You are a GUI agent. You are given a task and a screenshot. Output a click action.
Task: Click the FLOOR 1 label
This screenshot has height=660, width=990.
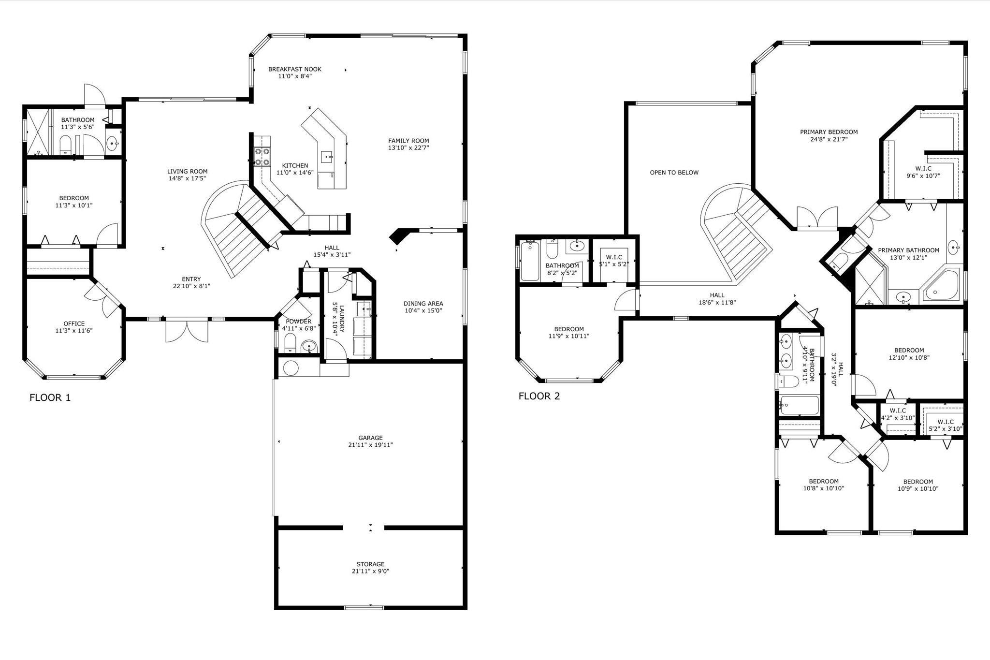point(50,397)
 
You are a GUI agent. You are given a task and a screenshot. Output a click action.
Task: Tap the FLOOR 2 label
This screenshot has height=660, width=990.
point(539,396)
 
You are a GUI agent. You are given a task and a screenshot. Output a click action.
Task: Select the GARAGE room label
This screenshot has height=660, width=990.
point(370,438)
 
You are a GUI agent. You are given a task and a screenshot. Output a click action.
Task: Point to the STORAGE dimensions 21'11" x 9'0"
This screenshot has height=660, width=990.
point(370,571)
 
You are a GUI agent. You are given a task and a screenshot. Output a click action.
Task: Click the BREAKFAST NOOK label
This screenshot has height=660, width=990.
point(294,69)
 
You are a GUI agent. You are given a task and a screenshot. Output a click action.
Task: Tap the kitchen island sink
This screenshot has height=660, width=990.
point(326,157)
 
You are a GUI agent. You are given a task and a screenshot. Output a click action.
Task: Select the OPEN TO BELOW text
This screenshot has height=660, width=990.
point(674,173)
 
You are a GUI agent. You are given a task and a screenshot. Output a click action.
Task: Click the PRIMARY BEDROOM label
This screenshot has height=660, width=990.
point(829,132)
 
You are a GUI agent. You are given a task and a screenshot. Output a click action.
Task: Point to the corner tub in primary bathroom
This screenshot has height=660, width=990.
point(941,286)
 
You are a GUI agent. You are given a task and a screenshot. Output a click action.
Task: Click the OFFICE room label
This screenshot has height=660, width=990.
point(74,323)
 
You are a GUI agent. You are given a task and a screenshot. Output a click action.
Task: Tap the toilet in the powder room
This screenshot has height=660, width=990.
point(290,344)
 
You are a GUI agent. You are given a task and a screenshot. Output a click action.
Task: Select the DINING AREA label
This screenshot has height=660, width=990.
point(423,304)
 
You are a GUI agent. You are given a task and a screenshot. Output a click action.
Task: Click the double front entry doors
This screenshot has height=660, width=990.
point(187,331)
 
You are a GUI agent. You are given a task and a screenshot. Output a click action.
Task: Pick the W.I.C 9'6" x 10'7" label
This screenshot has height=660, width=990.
point(923,169)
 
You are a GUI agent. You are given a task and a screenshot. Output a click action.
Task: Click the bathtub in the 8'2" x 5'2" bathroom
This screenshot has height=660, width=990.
point(530,261)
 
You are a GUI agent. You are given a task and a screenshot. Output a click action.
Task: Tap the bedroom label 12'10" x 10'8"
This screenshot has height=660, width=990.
point(909,351)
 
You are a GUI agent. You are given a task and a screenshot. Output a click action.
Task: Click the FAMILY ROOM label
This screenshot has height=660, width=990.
point(408,141)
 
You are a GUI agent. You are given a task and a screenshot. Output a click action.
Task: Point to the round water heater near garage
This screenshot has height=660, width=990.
point(291,368)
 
